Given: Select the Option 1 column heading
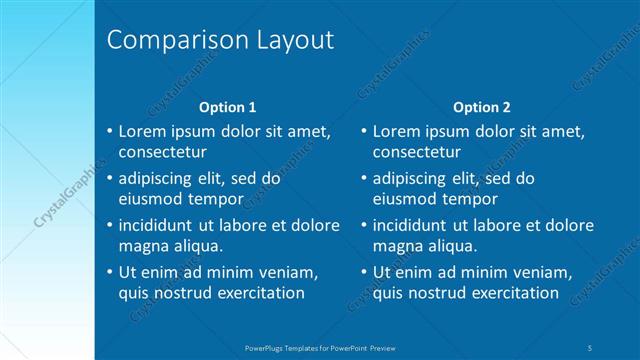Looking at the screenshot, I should [x=228, y=106].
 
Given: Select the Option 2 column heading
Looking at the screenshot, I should [x=481, y=106].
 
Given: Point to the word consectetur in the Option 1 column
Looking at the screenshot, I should [x=163, y=153].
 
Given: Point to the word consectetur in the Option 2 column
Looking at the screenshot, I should [x=417, y=153].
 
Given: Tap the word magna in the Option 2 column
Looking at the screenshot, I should [x=397, y=246].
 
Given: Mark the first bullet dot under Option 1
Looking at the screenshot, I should [x=109, y=131].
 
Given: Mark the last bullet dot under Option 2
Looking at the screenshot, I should [x=363, y=272].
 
